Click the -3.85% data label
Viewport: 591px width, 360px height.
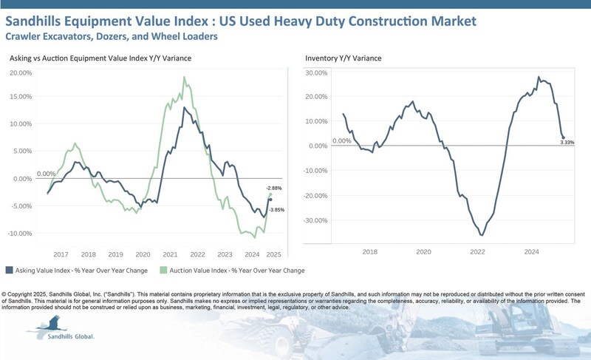tap(276, 210)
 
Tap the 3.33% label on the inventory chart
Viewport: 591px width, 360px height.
tap(567, 143)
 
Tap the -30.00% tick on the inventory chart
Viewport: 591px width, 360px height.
tap(317, 220)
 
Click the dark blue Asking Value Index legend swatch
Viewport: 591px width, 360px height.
tap(9, 270)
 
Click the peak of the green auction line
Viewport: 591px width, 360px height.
tap(184, 77)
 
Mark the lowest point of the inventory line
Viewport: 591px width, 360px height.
tap(482, 235)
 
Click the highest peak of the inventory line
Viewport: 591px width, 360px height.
tap(539, 77)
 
